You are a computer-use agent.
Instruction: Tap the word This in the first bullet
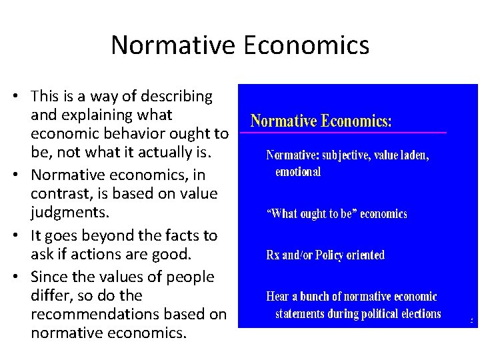click(x=45, y=97)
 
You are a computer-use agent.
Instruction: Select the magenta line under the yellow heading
click(x=343, y=133)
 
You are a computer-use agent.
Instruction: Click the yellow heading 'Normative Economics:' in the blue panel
click(x=321, y=121)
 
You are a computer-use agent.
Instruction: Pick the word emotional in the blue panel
click(x=298, y=172)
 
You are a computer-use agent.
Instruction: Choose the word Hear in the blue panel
click(x=278, y=297)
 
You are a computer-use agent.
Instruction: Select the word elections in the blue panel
click(x=419, y=313)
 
